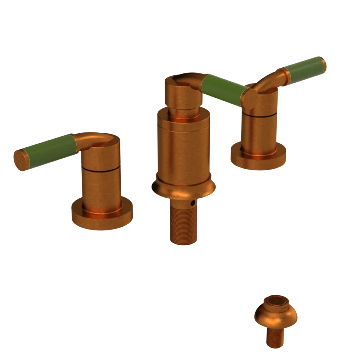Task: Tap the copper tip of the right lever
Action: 322,65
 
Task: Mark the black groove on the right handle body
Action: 259,115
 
